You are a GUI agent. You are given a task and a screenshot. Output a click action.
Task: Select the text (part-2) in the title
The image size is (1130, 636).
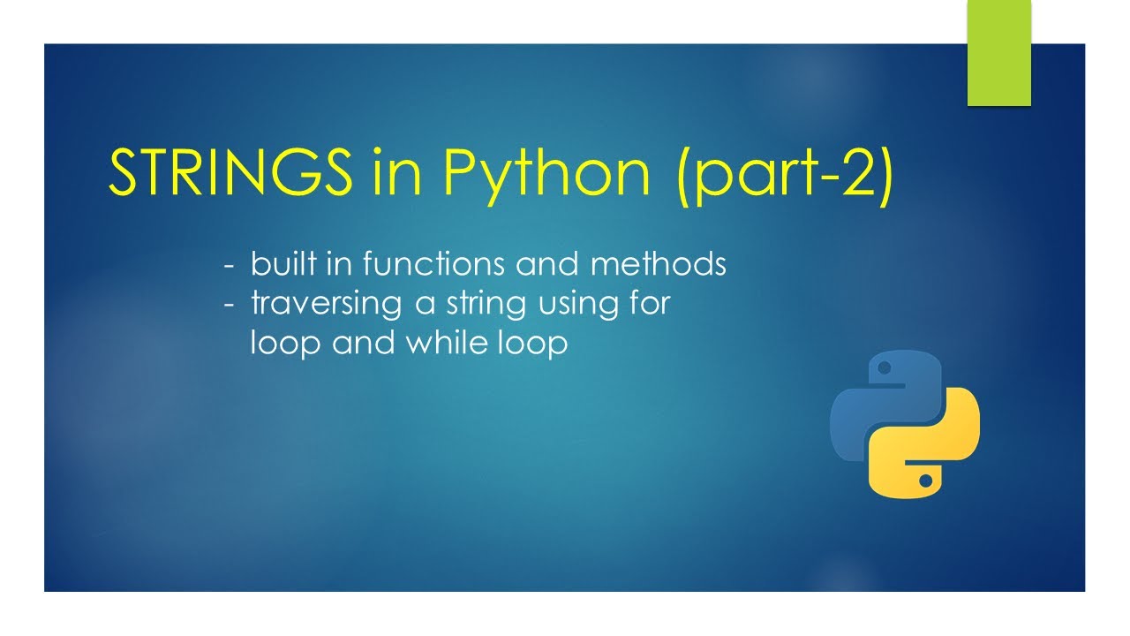click(785, 174)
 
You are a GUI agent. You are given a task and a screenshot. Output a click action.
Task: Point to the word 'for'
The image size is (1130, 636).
click(650, 303)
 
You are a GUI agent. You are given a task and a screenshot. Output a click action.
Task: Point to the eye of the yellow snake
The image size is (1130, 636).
click(925, 481)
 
